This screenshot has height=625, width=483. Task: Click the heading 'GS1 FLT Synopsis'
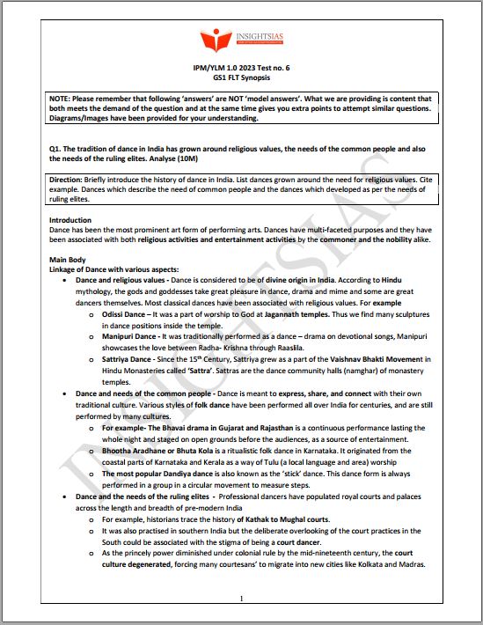pyautogui.click(x=240, y=77)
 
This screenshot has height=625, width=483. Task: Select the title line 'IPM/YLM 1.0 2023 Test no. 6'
pyautogui.click(x=240, y=68)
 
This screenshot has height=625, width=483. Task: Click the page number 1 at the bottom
pyautogui.click(x=241, y=599)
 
